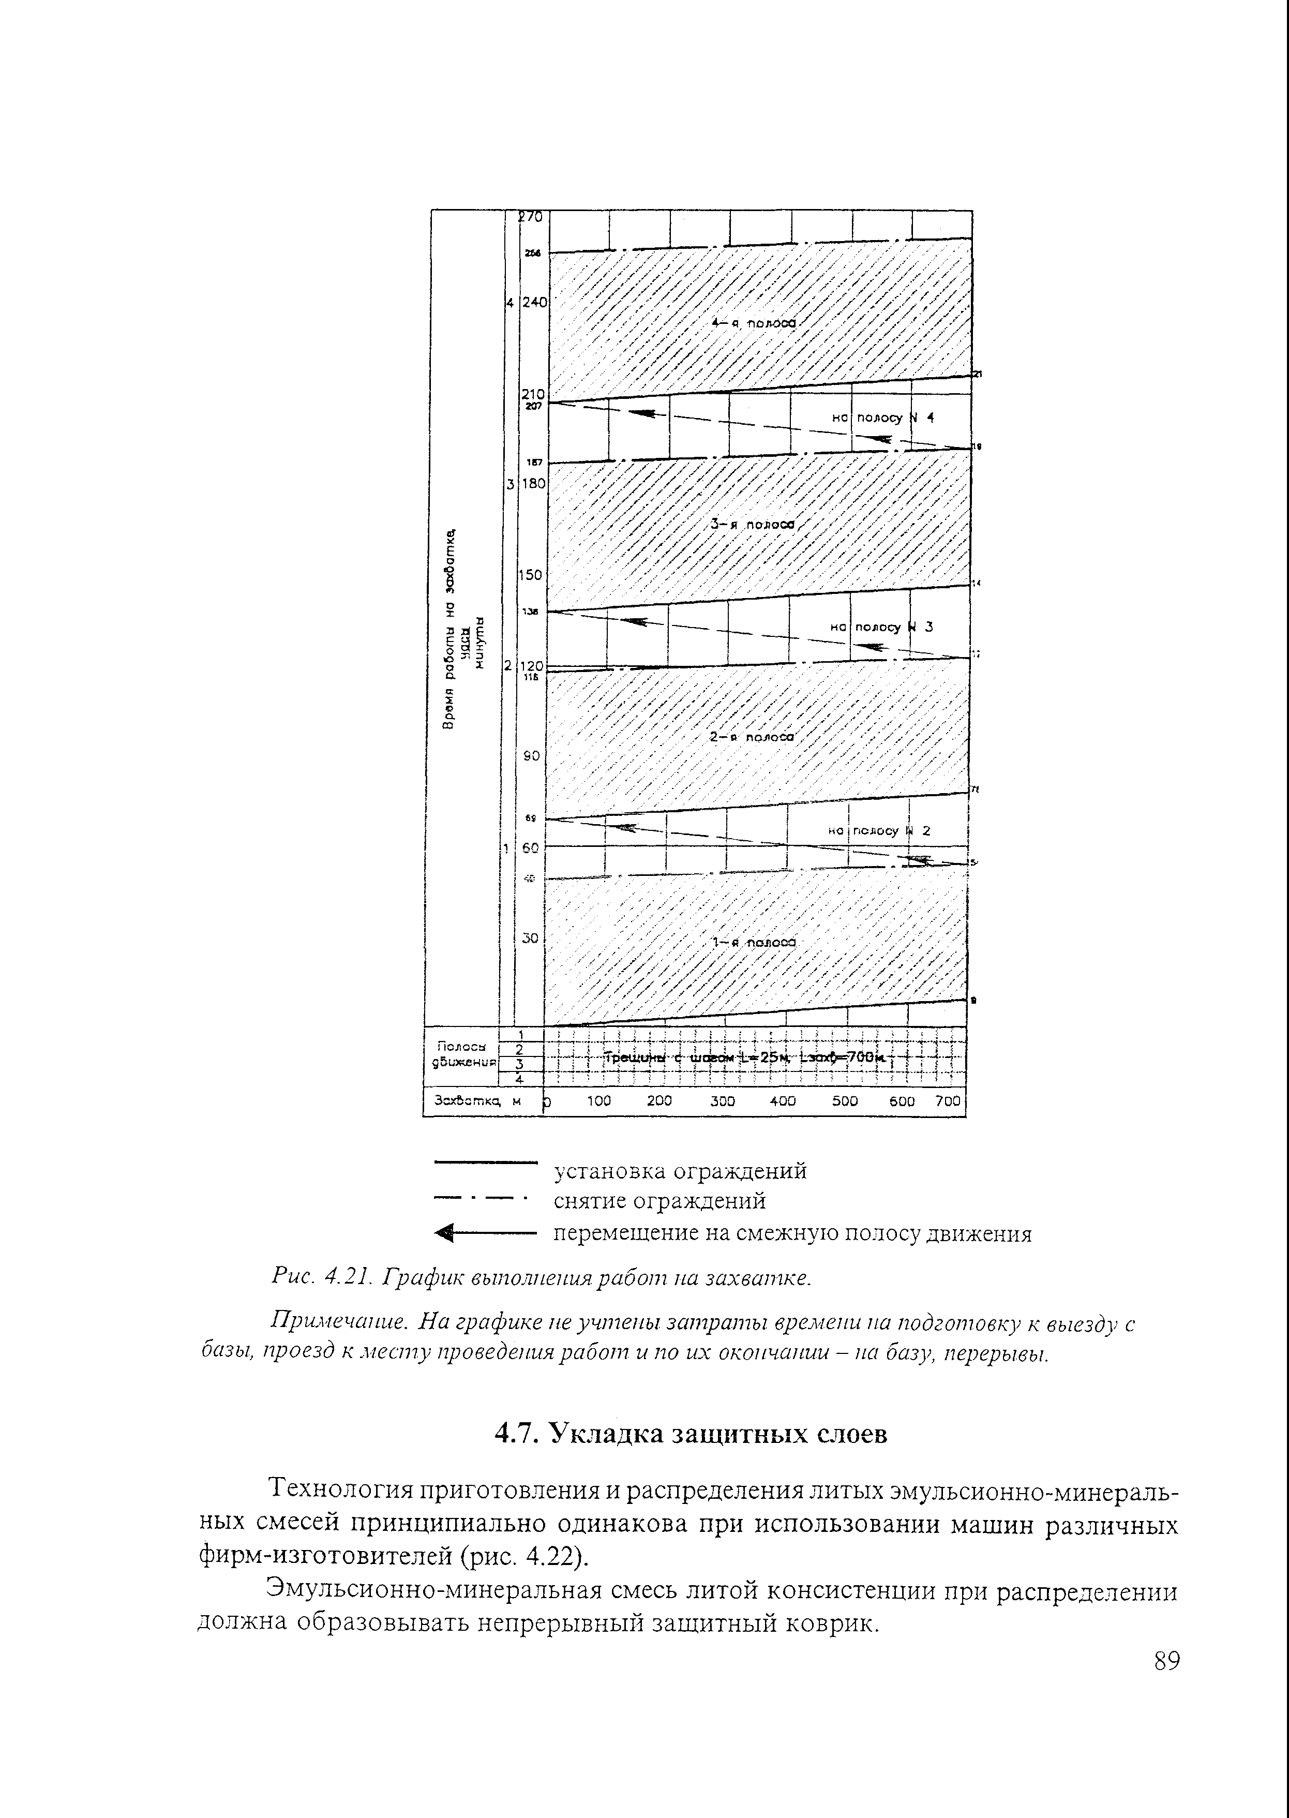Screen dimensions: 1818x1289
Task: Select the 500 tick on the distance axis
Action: point(845,1101)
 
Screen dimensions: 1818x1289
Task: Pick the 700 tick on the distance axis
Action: point(948,1101)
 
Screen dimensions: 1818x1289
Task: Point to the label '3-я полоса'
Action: point(753,524)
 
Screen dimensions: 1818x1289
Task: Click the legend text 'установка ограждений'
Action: point(680,1171)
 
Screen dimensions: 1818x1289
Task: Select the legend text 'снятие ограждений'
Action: point(659,1201)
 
